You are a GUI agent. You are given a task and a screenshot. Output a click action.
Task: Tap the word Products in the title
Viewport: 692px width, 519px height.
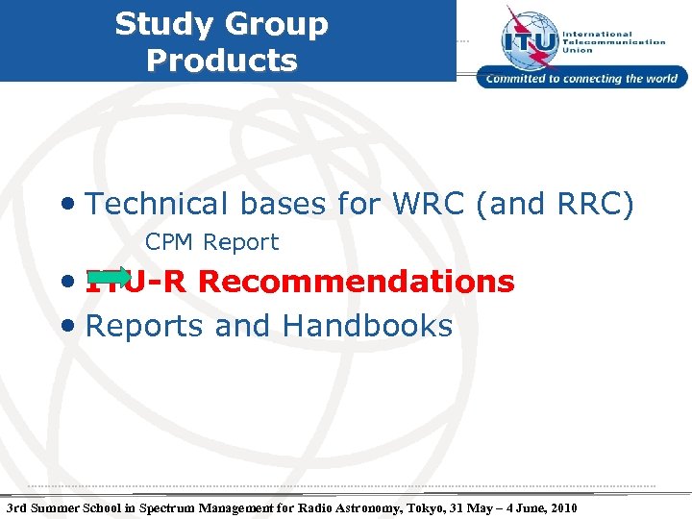[x=222, y=60]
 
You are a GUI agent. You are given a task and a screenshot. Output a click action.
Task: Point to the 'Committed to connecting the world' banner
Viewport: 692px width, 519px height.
[x=582, y=79]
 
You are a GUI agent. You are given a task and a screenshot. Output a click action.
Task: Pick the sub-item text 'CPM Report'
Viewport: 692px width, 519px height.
[x=211, y=242]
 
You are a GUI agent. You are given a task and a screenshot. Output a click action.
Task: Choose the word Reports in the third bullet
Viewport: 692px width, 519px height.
[x=145, y=326]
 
